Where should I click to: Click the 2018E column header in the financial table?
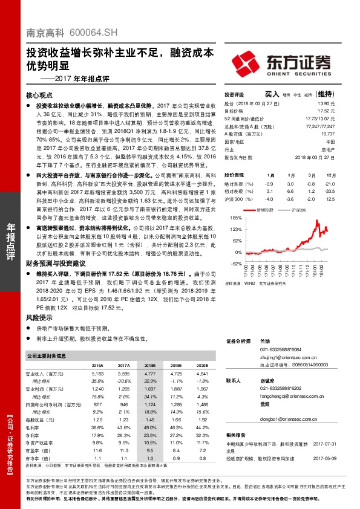150,366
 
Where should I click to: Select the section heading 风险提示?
39,317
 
